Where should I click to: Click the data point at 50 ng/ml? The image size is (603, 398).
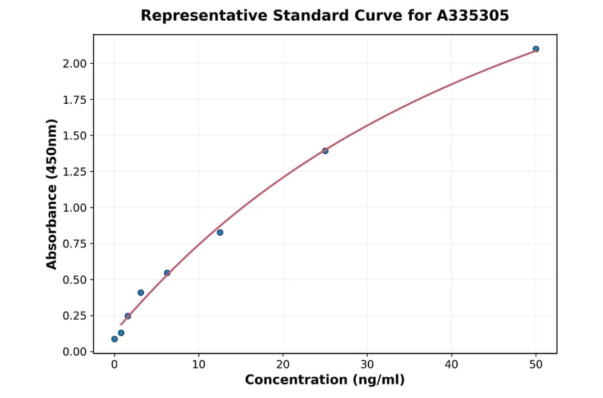[x=535, y=49]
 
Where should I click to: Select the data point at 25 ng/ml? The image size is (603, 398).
[x=325, y=151]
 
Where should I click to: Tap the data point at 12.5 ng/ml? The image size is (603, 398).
[x=220, y=233]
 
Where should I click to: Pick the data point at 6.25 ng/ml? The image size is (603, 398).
[x=167, y=273]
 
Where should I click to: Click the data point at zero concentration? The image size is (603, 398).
[x=115, y=339]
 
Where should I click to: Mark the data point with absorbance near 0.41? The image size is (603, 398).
[x=141, y=293]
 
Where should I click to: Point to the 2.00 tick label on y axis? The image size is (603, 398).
[x=74, y=64]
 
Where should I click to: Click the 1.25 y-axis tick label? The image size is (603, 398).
[x=74, y=172]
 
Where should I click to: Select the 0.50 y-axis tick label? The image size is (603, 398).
[x=74, y=279]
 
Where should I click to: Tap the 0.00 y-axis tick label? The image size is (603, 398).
[x=74, y=352]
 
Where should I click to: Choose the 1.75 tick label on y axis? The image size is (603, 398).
[x=74, y=100]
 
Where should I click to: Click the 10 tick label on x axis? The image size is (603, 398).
[x=198, y=364]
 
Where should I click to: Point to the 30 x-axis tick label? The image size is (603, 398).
[x=367, y=364]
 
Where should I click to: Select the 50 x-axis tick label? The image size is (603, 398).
[x=536, y=364]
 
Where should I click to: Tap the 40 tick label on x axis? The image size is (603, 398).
[x=452, y=364]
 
